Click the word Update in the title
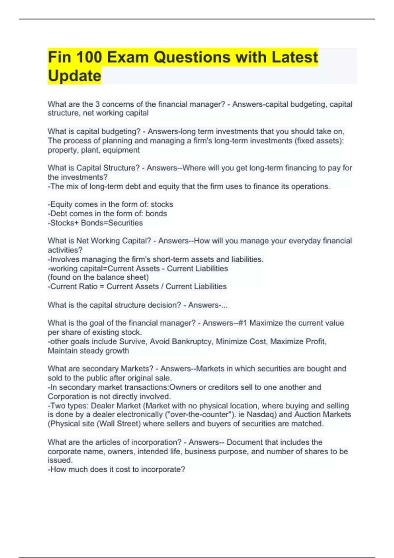pyautogui.click(x=75, y=76)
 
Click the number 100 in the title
pyautogui.click(x=89, y=57)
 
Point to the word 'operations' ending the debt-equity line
pyautogui.click(x=311, y=186)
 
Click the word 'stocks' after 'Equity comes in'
pyautogui.click(x=162, y=204)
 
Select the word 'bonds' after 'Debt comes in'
pyautogui.click(x=156, y=214)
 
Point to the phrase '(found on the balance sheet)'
pyautogui.click(x=98, y=277)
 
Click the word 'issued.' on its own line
pyautogui.click(x=60, y=460)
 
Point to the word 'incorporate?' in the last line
pyautogui.click(x=163, y=470)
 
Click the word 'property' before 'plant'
pyautogui.click(x=61, y=150)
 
